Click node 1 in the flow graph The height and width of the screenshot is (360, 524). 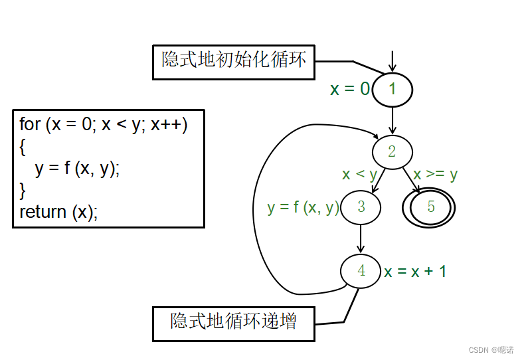click(x=393, y=89)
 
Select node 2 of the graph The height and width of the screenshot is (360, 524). click(x=392, y=151)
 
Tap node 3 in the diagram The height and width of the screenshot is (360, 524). click(x=361, y=207)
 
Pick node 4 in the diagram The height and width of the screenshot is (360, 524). click(x=361, y=270)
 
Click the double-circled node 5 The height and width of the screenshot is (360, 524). click(x=430, y=207)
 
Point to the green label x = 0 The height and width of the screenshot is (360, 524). click(x=350, y=89)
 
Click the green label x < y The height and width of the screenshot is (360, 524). click(x=359, y=175)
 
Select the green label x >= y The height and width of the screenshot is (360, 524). click(x=435, y=175)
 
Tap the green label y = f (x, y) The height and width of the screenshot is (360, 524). click(x=303, y=207)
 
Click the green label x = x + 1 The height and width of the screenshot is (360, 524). click(x=415, y=271)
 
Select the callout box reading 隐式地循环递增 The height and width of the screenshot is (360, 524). click(x=233, y=323)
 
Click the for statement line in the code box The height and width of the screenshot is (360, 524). click(x=104, y=124)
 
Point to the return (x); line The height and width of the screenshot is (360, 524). click(x=58, y=212)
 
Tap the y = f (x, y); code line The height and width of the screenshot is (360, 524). click(x=78, y=168)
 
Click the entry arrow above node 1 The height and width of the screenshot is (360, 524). click(x=393, y=61)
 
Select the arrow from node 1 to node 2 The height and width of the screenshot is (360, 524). click(x=393, y=120)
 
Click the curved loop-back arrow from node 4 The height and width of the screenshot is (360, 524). click(x=256, y=213)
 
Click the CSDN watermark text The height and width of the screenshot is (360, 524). click(x=491, y=349)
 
